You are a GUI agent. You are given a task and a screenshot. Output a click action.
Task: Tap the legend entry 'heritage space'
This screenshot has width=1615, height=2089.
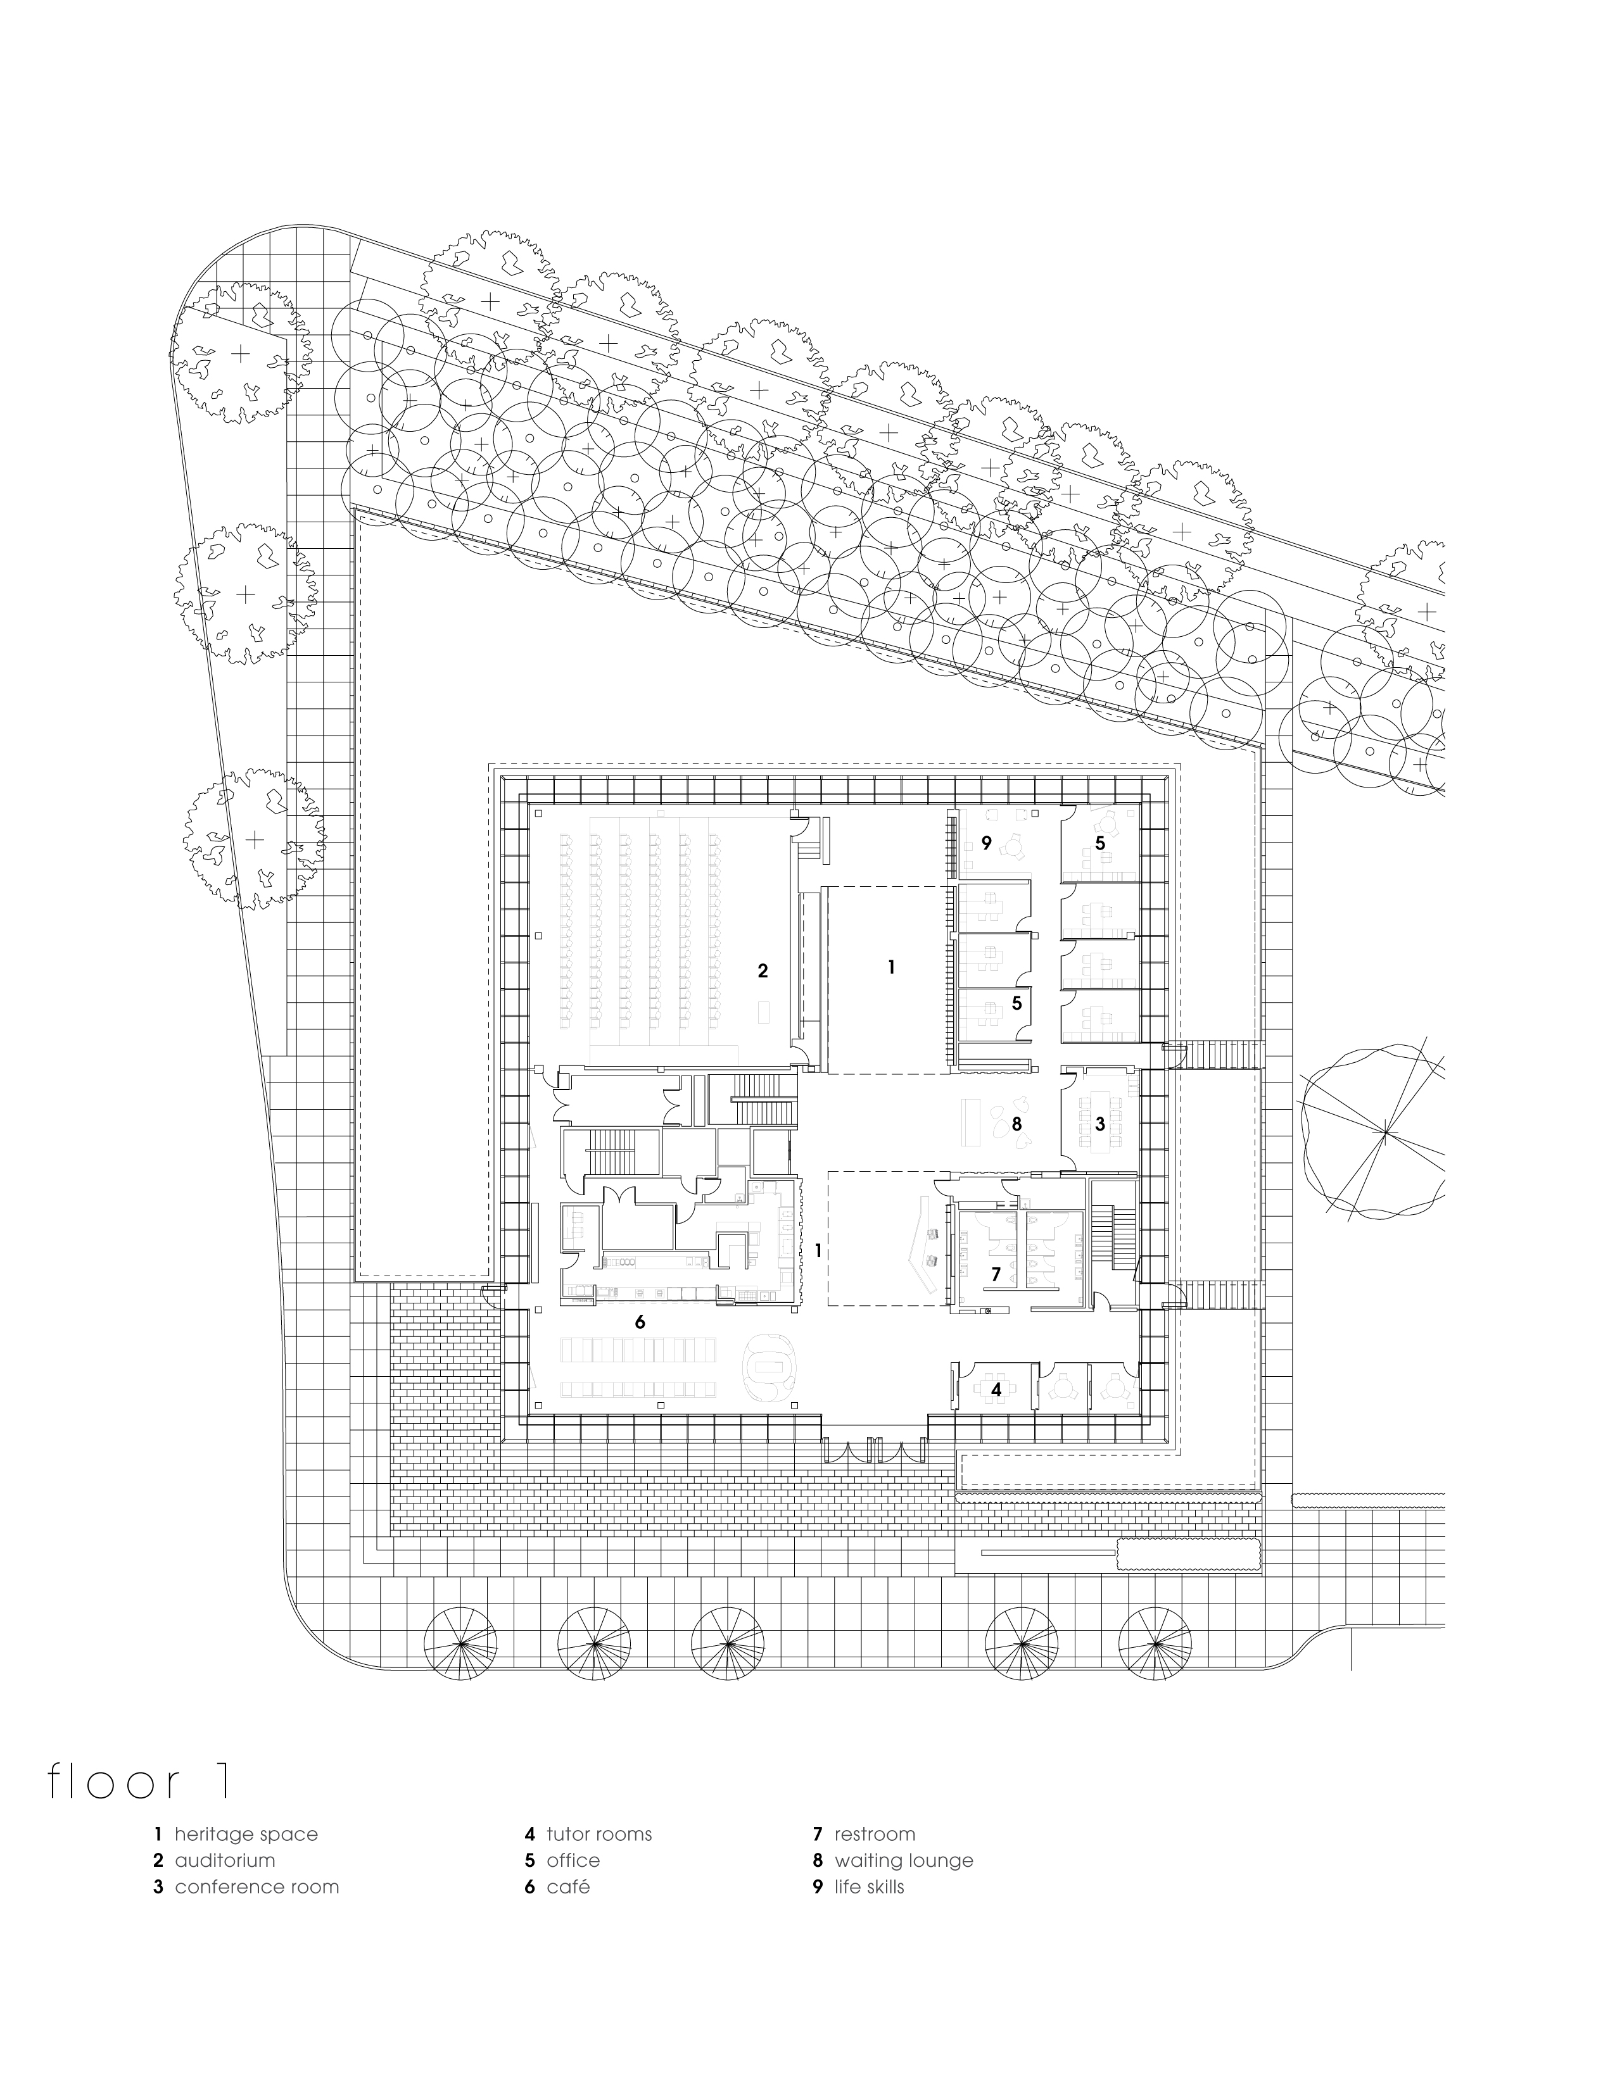[x=245, y=1834]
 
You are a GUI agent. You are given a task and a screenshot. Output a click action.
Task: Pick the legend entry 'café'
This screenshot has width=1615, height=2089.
[x=567, y=1887]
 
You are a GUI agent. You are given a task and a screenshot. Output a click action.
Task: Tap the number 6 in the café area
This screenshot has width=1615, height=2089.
[x=640, y=1322]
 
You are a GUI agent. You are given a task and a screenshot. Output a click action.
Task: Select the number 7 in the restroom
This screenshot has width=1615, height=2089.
[x=996, y=1274]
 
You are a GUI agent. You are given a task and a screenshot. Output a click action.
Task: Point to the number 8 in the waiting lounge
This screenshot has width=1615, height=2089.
[x=1017, y=1124]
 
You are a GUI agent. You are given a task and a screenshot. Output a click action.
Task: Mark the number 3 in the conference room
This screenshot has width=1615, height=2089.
[x=1100, y=1124]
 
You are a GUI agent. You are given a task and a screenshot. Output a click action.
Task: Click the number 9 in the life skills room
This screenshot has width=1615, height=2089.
[x=985, y=843]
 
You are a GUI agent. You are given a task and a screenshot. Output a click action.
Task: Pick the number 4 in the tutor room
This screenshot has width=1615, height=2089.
[x=996, y=1389]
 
